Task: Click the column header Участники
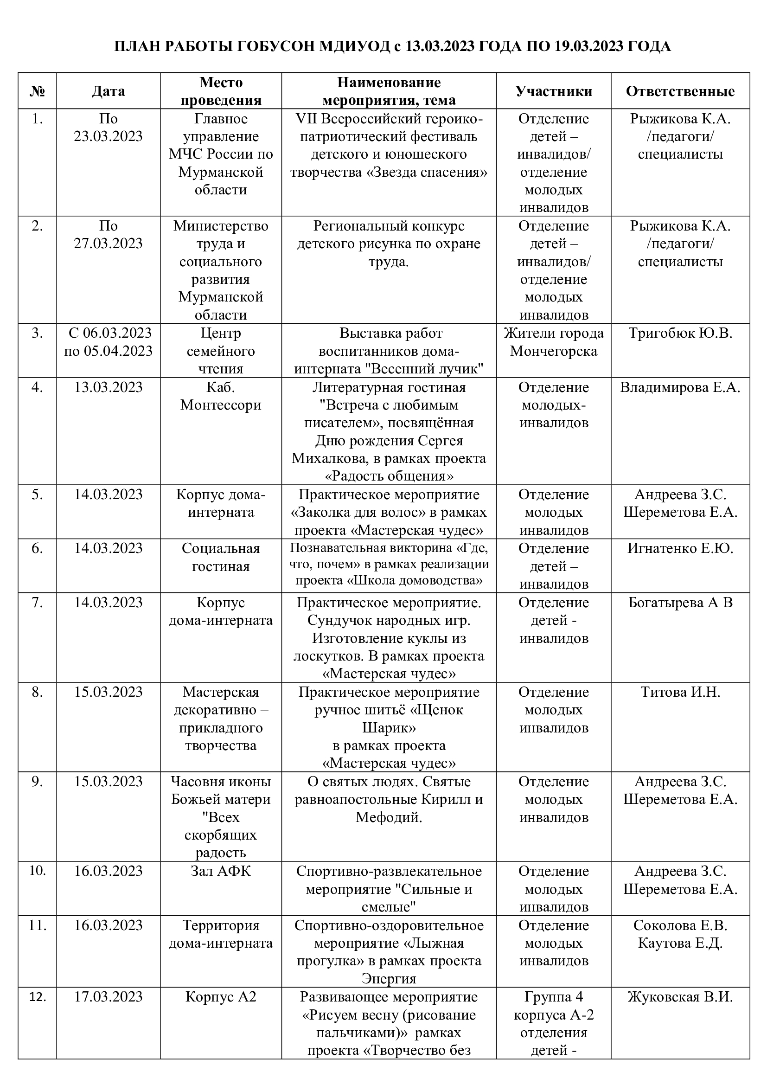coord(554,91)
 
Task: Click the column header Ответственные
coord(680,91)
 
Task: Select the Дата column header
coord(108,91)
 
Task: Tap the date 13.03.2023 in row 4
coord(108,387)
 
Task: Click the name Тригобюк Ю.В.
coord(680,334)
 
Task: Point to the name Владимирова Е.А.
coord(680,387)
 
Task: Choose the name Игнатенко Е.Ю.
coord(680,549)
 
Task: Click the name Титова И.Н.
coord(680,692)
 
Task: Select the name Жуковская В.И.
coord(680,997)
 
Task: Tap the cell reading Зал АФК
coord(221,871)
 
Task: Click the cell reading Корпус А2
coord(221,997)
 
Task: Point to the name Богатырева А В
coord(680,603)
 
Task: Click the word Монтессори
coord(221,405)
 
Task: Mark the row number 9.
coord(37,782)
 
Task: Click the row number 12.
coord(37,997)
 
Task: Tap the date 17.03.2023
coord(108,997)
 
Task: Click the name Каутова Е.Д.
coord(680,943)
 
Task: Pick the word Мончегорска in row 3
coord(554,351)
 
